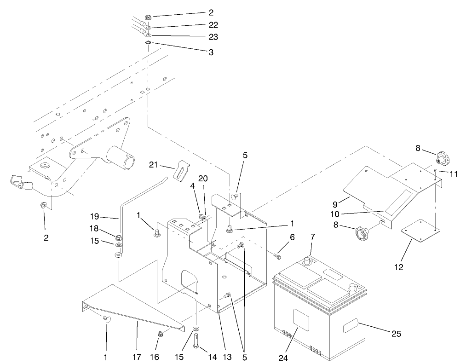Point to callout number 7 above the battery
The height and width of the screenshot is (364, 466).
point(312,237)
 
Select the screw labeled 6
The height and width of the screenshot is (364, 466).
point(278,254)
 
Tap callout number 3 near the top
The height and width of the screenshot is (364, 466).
point(211,52)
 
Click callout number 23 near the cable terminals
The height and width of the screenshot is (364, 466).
point(213,36)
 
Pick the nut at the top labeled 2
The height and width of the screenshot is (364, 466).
point(148,18)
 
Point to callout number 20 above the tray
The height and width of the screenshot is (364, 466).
point(202,179)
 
